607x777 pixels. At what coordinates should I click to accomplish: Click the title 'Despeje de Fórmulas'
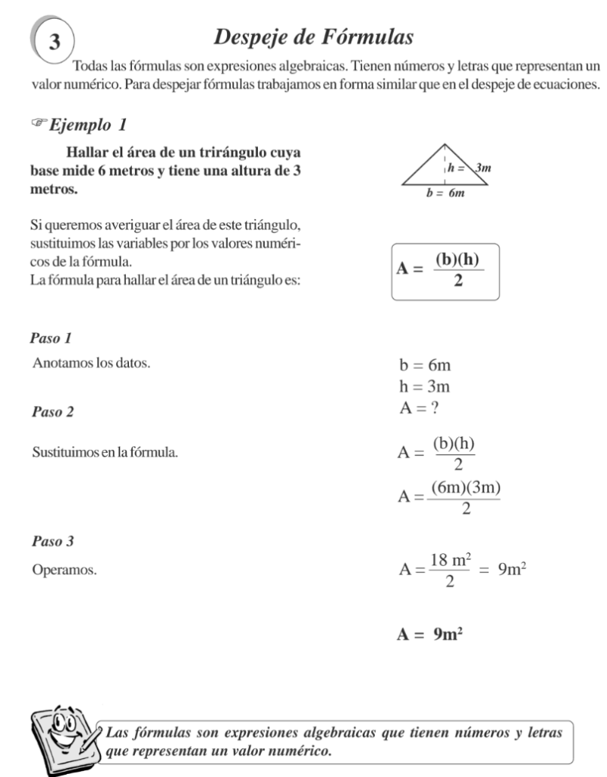tap(314, 36)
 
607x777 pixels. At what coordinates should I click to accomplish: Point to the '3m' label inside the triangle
tap(483, 168)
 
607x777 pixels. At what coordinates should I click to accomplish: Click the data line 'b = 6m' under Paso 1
tap(425, 366)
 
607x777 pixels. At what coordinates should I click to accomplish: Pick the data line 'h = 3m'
tap(425, 388)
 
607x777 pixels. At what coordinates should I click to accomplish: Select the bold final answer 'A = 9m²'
tap(429, 634)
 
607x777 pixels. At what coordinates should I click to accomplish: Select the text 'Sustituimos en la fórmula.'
tap(105, 453)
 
